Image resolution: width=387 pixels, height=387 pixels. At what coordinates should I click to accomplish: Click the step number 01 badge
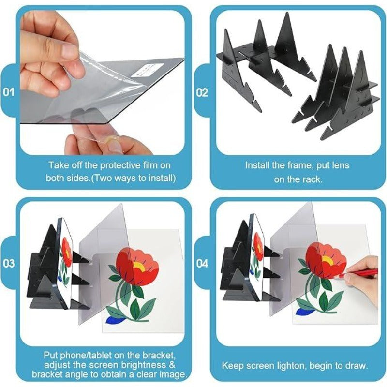[x=9, y=92]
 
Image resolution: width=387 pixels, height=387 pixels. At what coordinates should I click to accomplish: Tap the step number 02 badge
[x=202, y=92]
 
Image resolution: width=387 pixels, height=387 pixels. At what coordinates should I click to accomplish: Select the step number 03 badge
[x=9, y=264]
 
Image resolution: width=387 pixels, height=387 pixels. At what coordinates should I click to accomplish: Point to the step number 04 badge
[x=202, y=264]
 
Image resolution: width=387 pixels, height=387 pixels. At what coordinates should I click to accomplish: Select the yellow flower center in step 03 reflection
[x=139, y=267]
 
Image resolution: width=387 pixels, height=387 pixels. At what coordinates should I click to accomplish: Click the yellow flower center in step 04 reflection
[x=327, y=260]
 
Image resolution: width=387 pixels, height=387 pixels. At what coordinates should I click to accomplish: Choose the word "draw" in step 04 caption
[x=358, y=365]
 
